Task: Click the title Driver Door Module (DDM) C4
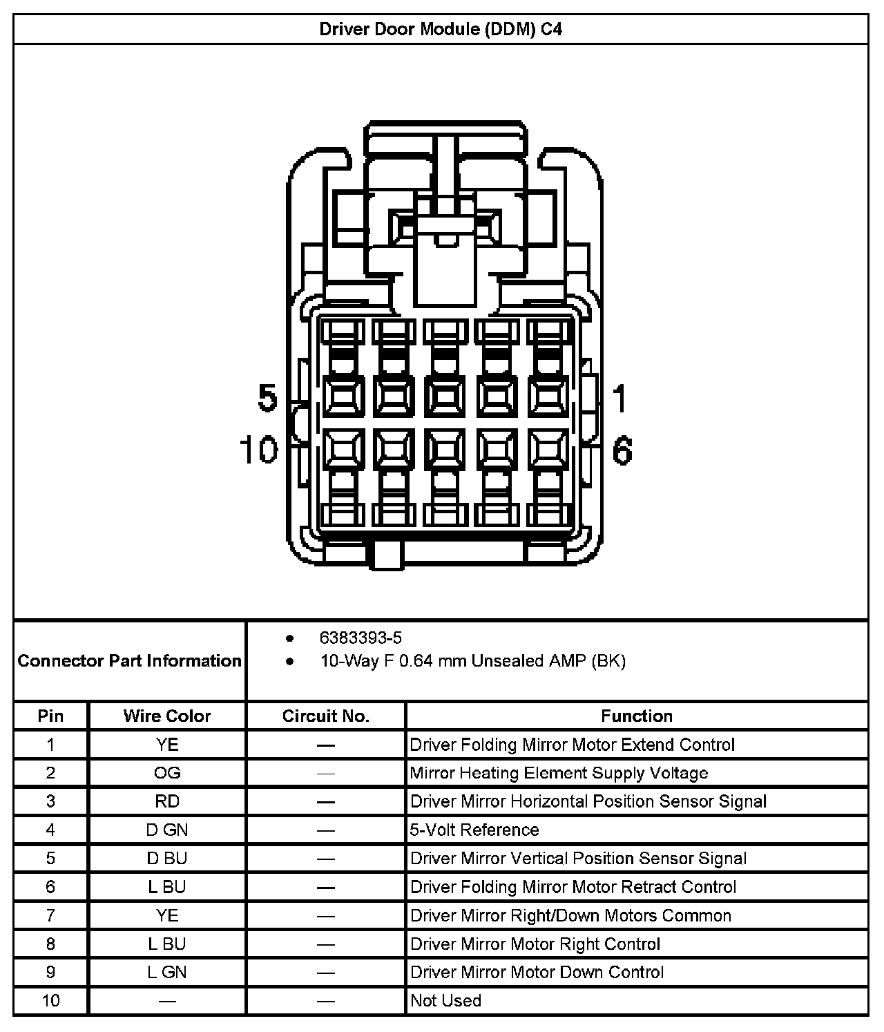tap(441, 30)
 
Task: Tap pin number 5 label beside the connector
tap(267, 398)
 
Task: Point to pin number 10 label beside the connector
tap(258, 450)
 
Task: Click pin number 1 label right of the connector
tap(619, 399)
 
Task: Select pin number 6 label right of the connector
tap(622, 450)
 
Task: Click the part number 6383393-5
tap(361, 638)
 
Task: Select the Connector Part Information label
tap(130, 661)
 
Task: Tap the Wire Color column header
tap(167, 716)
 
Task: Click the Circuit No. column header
tap(325, 716)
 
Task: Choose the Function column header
tap(636, 716)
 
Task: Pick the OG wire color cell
tap(167, 773)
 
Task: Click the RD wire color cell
tap(167, 801)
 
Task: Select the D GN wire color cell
tap(167, 830)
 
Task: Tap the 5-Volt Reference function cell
tap(474, 830)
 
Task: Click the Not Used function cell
tap(445, 1000)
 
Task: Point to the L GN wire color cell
tap(167, 972)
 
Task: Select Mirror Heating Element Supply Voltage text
tap(559, 773)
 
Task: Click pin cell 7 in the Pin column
tap(50, 915)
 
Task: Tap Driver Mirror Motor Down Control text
tap(537, 972)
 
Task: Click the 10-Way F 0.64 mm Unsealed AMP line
tap(472, 661)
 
